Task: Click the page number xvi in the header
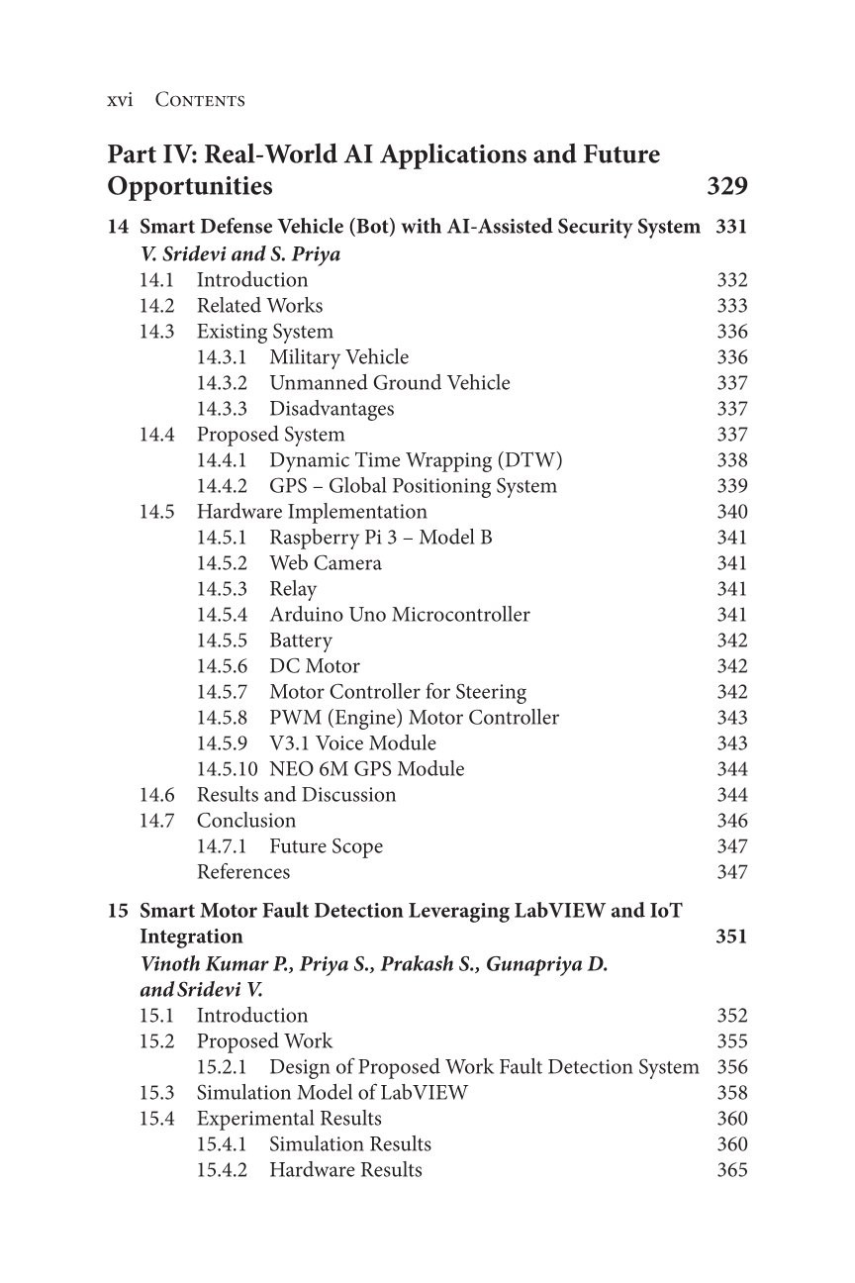(120, 100)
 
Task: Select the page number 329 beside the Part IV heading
(727, 186)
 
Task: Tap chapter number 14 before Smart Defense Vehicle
(118, 227)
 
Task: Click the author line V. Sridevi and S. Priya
(240, 254)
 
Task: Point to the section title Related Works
(259, 306)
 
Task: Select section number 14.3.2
(222, 383)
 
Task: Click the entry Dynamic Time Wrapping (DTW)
(416, 460)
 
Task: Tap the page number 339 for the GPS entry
(731, 486)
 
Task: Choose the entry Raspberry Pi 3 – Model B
(380, 538)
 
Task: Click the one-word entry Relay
(293, 589)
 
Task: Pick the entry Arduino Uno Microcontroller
(399, 615)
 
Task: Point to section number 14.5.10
(227, 769)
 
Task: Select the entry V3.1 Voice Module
(352, 743)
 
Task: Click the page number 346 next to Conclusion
(731, 821)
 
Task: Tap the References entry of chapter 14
(243, 872)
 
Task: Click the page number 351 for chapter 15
(730, 937)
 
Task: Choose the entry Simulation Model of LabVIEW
(332, 1093)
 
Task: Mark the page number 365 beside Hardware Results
(731, 1170)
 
